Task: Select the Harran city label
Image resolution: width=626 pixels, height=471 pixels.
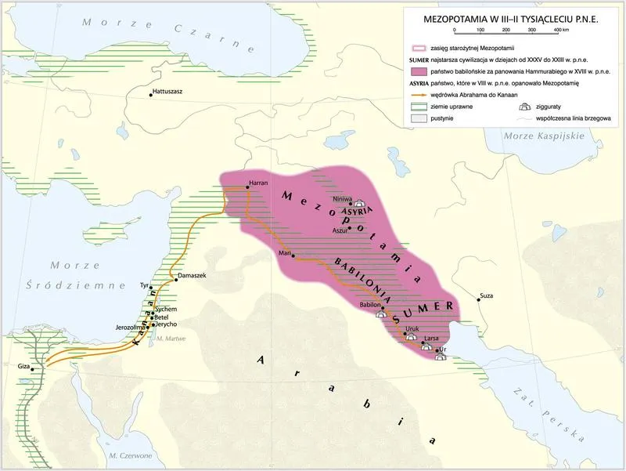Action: [x=258, y=183]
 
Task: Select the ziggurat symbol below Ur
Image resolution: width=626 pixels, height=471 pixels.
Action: [x=441, y=357]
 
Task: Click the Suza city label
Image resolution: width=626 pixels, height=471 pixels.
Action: [x=487, y=296]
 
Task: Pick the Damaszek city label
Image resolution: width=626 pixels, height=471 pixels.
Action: [x=192, y=277]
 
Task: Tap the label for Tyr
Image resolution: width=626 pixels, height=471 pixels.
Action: [x=143, y=286]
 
